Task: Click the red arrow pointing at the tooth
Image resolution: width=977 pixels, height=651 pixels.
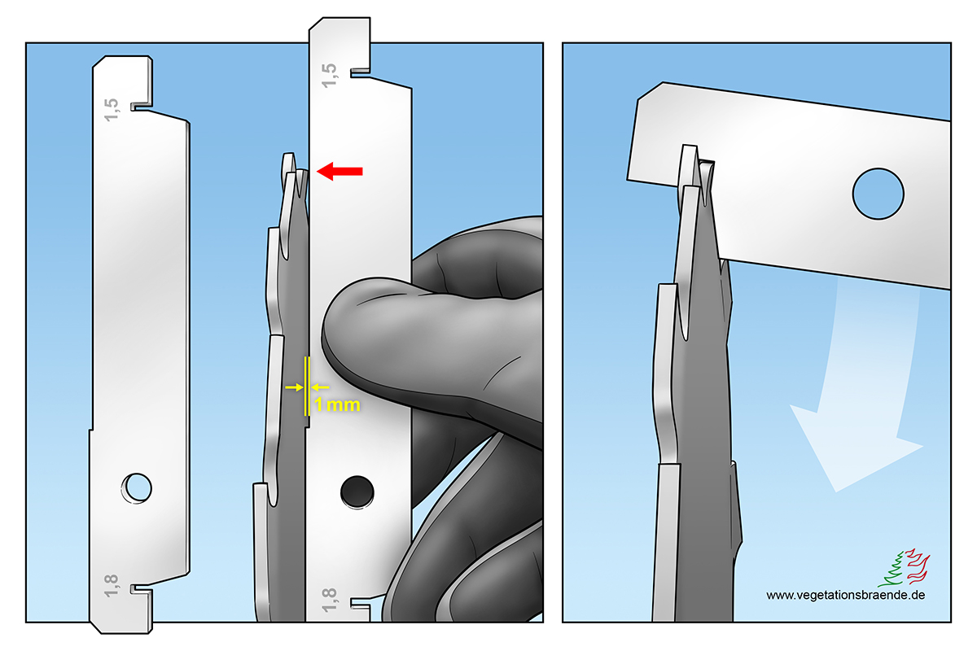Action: (340, 172)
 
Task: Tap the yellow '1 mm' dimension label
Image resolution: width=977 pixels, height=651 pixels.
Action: (337, 404)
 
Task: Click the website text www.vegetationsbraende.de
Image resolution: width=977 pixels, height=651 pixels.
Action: (845, 595)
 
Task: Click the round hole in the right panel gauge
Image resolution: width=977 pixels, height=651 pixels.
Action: (878, 194)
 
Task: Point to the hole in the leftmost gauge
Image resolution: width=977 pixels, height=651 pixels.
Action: (137, 488)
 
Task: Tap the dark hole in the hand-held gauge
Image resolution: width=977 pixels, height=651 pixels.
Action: (357, 492)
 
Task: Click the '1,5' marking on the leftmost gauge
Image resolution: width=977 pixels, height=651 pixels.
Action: (112, 109)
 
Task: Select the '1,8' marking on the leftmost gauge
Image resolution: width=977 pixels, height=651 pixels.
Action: (112, 585)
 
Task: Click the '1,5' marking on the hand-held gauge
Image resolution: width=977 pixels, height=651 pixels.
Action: (329, 76)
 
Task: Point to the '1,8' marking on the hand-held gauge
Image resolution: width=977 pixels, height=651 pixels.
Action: (329, 600)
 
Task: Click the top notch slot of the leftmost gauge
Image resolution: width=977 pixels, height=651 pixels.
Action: (142, 107)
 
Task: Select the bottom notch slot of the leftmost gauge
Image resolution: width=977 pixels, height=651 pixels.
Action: (142, 588)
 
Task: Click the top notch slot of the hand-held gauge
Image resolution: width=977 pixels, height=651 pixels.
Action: (360, 72)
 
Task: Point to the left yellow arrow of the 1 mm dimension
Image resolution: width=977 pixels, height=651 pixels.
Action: (294, 387)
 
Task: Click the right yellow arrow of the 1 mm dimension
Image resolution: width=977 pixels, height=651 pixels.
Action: (320, 387)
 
